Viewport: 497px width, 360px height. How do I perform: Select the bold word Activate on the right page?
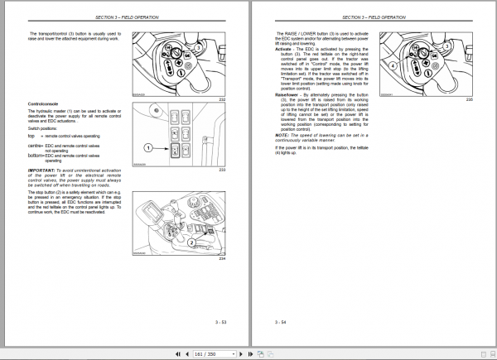[x=284, y=49]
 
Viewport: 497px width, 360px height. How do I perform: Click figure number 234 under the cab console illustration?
[x=222, y=258]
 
